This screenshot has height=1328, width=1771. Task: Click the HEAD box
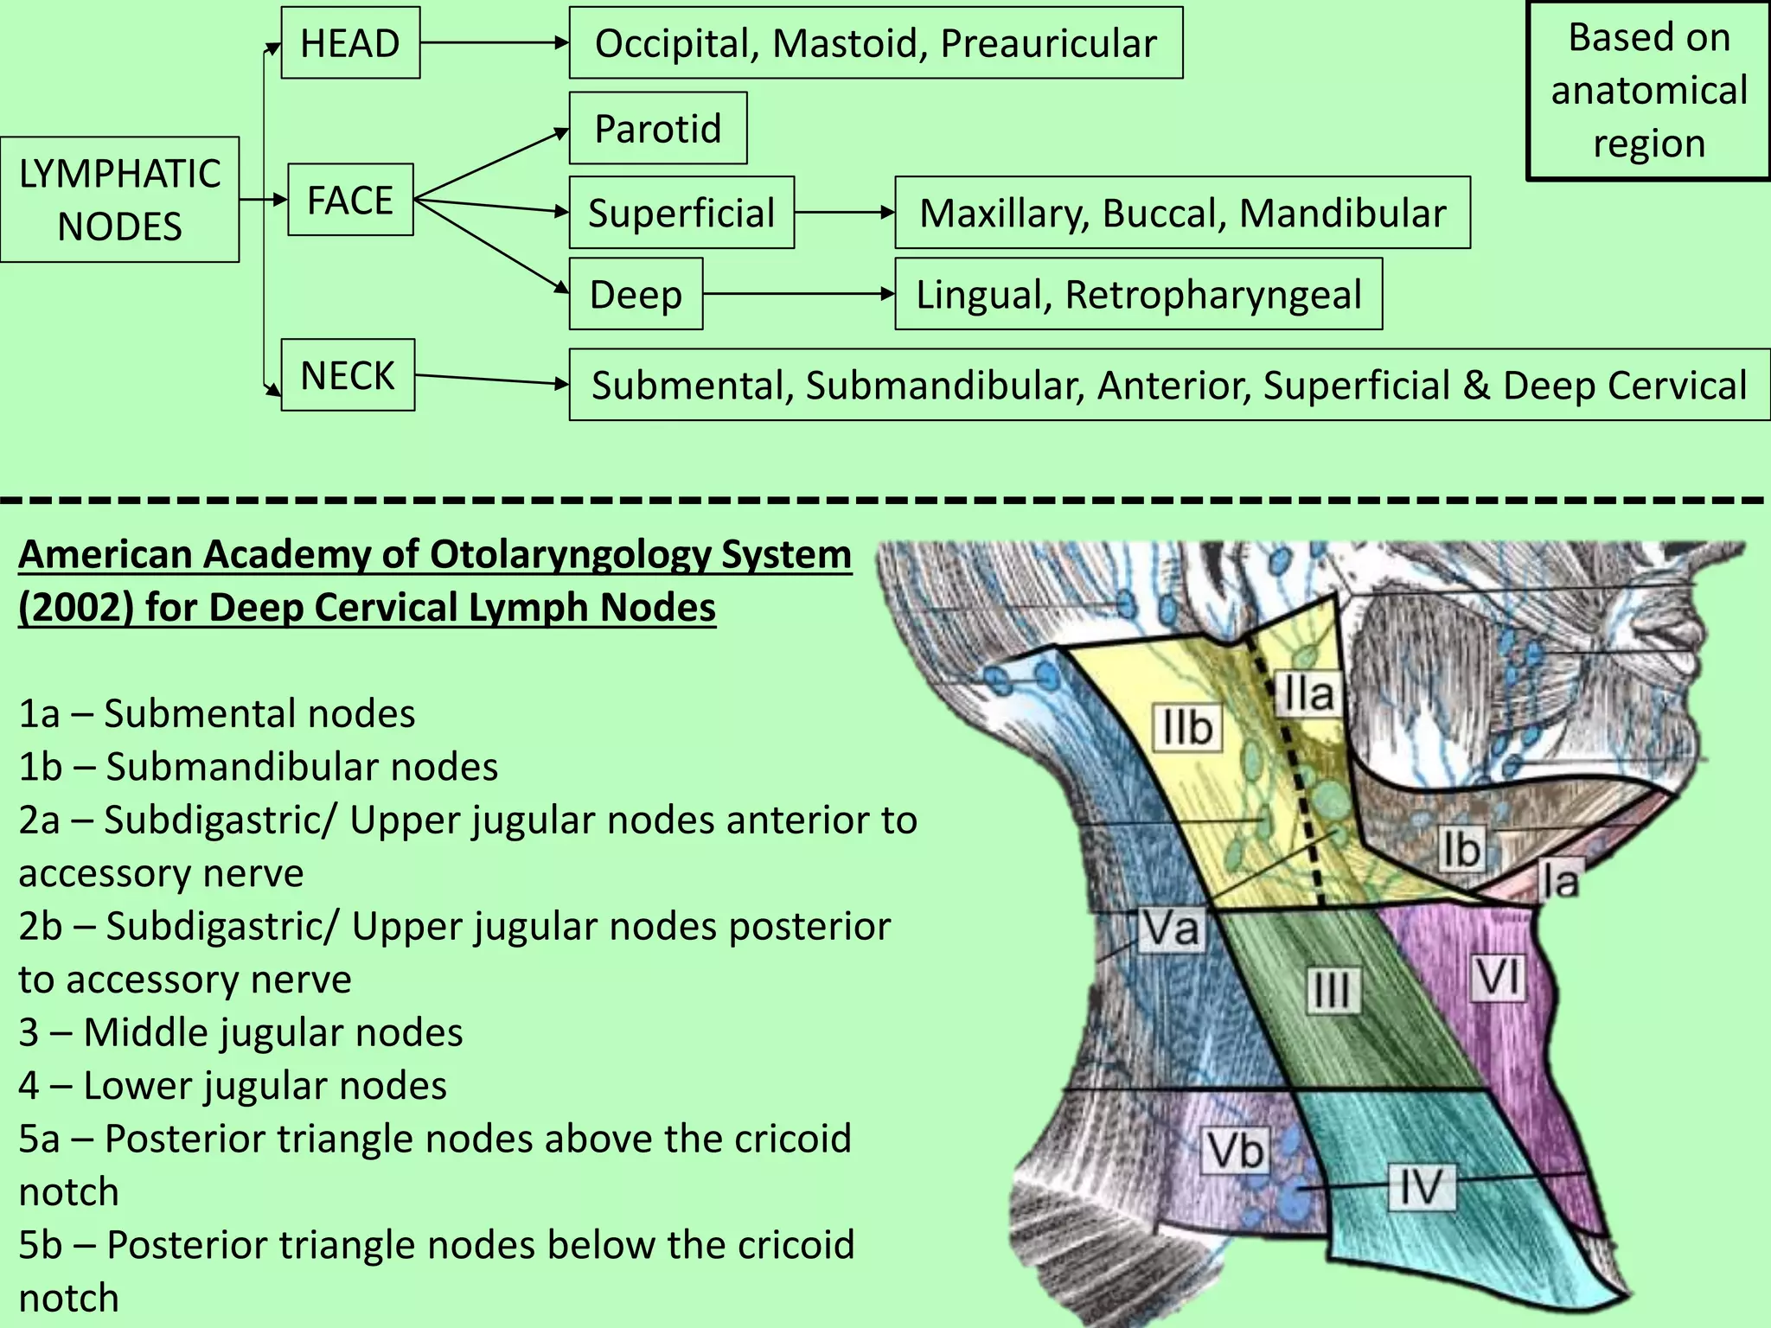(x=350, y=43)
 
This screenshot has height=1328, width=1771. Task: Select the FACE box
(x=350, y=200)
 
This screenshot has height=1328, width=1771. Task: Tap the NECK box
(x=348, y=375)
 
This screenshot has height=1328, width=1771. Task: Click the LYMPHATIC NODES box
(x=119, y=200)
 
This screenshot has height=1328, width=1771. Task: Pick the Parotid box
(x=657, y=129)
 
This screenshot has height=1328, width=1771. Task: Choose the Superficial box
(x=681, y=213)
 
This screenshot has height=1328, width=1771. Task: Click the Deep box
(x=636, y=294)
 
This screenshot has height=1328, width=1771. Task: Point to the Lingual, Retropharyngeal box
(x=1138, y=294)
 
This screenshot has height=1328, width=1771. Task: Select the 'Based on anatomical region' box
(x=1648, y=90)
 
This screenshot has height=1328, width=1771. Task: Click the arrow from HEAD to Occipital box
(x=494, y=42)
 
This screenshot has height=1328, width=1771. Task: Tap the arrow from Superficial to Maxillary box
(x=844, y=213)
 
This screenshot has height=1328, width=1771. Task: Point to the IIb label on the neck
(x=1187, y=727)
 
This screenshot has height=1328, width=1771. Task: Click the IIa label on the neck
(x=1308, y=693)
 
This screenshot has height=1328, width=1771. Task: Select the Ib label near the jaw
(x=1461, y=848)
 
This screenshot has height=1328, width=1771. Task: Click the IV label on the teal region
(x=1422, y=1186)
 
